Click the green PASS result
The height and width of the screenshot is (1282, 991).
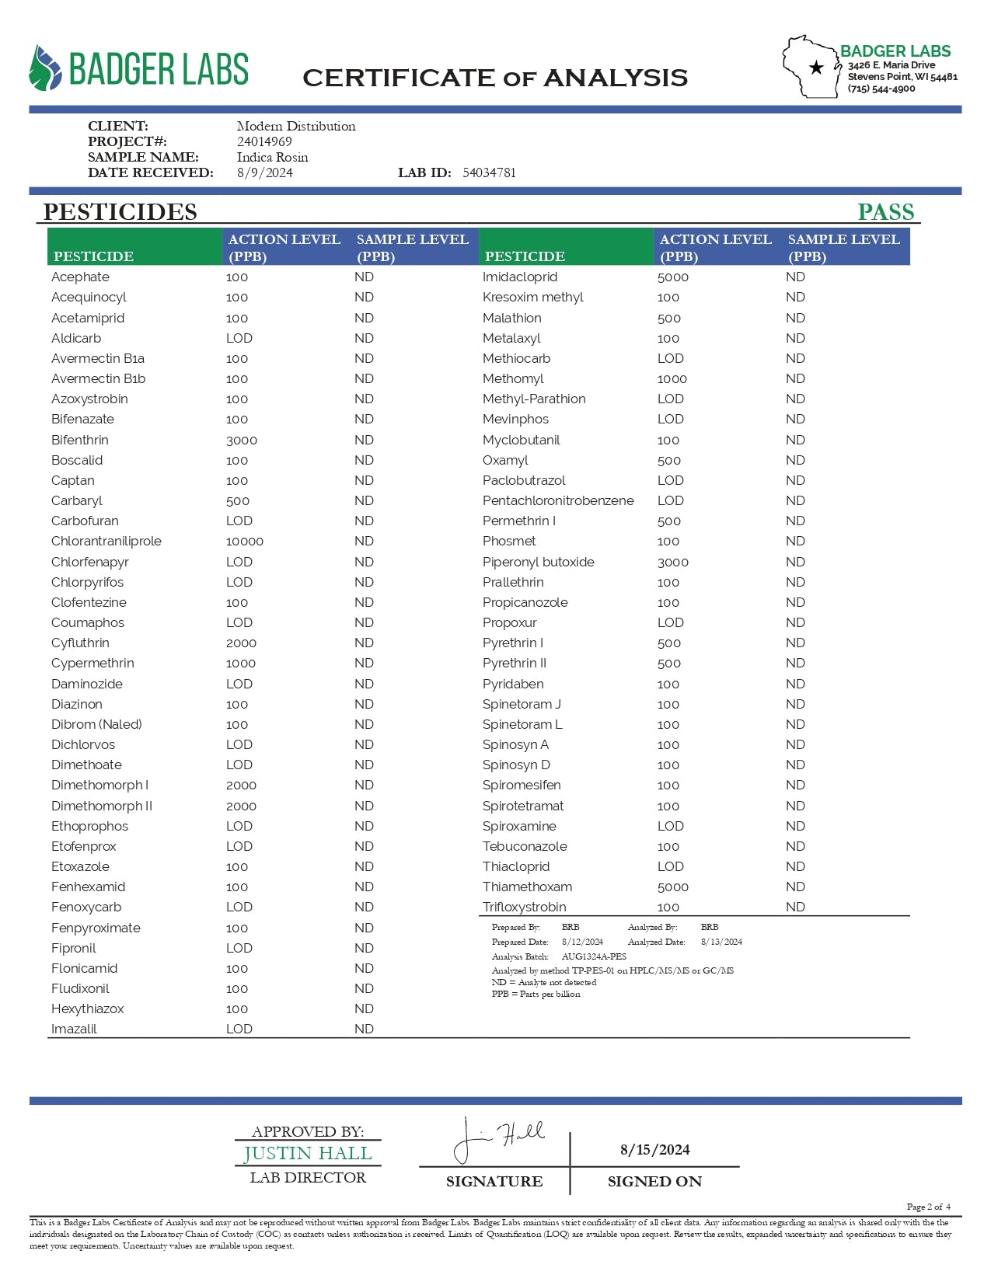[885, 211]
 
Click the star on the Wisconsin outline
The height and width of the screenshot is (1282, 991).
[816, 68]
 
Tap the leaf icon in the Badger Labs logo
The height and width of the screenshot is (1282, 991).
[45, 68]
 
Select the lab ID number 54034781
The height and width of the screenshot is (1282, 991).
[489, 172]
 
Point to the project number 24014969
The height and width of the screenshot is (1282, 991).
[264, 141]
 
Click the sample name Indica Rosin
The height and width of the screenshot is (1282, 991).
[272, 157]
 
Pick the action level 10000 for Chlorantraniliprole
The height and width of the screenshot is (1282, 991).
[245, 542]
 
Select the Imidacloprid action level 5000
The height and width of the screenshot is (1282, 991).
[673, 277]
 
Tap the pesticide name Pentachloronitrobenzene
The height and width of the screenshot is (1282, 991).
[558, 501]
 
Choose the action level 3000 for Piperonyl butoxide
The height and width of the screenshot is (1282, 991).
[673, 562]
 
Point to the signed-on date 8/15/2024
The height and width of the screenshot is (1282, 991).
[654, 1150]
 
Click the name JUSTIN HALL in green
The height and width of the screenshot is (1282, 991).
[308, 1154]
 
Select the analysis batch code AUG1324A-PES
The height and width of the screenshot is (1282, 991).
[594, 956]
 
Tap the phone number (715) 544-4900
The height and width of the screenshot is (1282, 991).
[881, 89]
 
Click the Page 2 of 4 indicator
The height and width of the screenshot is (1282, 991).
[928, 1207]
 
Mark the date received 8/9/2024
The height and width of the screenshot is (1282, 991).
[264, 172]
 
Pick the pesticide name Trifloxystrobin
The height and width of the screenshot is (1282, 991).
[524, 908]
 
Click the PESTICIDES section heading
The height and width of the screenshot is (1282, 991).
[120, 211]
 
